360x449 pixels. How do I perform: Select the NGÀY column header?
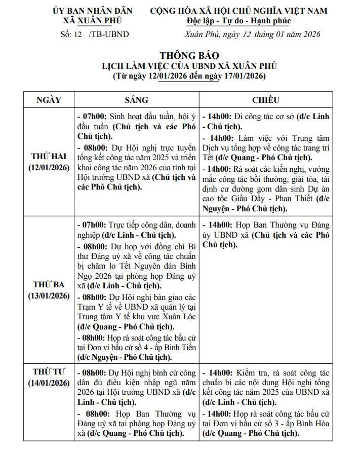[49, 100]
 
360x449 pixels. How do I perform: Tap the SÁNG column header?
[136, 100]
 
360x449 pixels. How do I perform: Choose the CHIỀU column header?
[265, 100]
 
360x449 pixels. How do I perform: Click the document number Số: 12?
[71, 34]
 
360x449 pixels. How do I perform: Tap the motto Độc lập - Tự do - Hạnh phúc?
[238, 21]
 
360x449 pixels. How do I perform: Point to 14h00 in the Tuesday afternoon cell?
[220, 223]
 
